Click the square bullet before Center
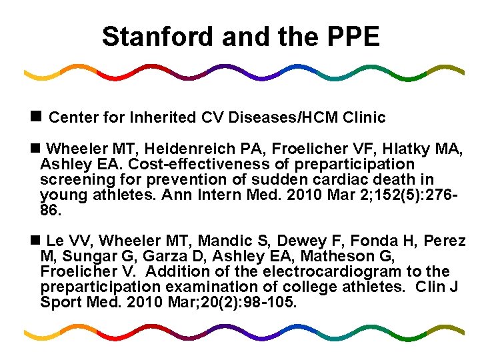click(37, 117)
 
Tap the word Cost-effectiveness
click(199, 164)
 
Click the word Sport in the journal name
click(61, 303)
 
